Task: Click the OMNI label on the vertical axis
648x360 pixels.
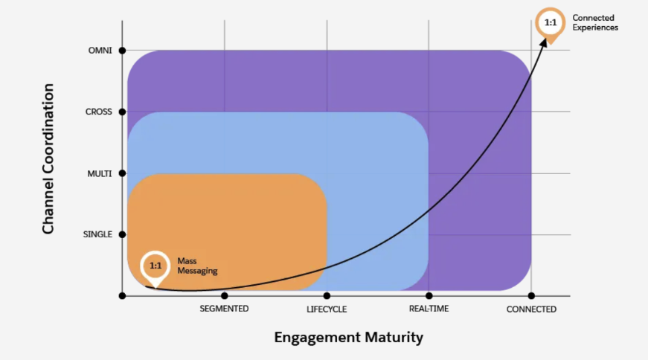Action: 98,51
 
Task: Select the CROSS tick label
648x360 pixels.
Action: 98,112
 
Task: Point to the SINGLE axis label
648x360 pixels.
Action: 97,234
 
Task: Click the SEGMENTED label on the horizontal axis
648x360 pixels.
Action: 224,309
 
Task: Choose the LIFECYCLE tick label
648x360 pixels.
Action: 327,309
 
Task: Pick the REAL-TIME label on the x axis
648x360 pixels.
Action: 429,309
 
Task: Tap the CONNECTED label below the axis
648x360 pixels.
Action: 531,309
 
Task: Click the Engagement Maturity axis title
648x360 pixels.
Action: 348,337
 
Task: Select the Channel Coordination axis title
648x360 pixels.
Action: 48,159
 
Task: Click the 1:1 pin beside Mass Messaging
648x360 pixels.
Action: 155,266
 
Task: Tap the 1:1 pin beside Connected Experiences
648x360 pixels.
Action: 551,22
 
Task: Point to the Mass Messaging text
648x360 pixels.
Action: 196,266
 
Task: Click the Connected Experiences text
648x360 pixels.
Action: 595,22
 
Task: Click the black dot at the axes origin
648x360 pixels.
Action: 122,295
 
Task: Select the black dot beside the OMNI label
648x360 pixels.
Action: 122,51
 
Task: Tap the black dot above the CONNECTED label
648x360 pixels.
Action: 531,295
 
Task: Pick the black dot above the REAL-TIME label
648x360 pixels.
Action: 429,295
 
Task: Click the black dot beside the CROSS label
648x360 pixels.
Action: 122,112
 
